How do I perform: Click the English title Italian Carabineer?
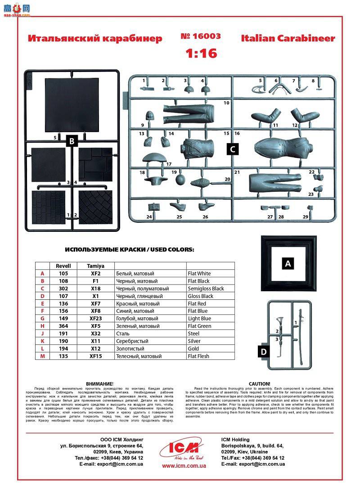288,38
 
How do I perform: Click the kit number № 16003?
201,36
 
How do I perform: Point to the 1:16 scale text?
202,54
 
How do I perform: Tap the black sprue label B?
72,141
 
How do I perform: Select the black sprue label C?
232,149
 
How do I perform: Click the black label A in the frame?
288,264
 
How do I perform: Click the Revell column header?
63,266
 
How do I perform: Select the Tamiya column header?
95,266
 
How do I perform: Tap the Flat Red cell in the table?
198,304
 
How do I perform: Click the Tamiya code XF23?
95,319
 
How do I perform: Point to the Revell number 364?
63,326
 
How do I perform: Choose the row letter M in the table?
42,356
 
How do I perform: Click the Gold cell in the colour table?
193,349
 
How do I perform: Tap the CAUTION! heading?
259,384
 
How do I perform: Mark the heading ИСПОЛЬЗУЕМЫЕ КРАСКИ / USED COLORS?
130,249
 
